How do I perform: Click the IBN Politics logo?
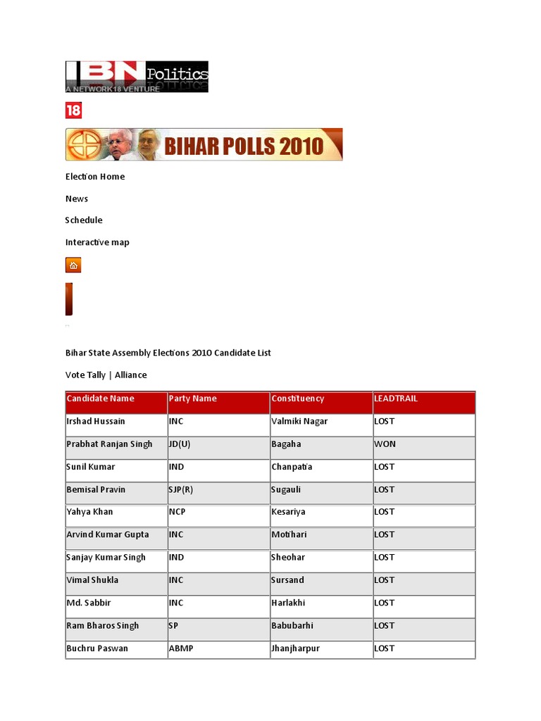click(x=137, y=77)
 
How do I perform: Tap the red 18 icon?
click(x=73, y=111)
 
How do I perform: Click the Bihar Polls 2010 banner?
click(x=204, y=144)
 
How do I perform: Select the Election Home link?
click(x=95, y=177)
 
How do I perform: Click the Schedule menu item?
click(x=84, y=220)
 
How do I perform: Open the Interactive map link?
click(x=97, y=242)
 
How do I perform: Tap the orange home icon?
click(x=73, y=265)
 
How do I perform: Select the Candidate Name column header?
click(x=100, y=399)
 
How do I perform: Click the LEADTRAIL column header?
click(x=396, y=399)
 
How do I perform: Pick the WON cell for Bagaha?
click(x=385, y=444)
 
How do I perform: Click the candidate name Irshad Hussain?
click(x=96, y=422)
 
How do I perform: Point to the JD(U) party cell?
click(x=180, y=444)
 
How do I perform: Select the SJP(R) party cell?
click(x=181, y=489)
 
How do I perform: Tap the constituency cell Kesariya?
click(x=288, y=512)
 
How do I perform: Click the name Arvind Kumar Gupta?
click(x=108, y=534)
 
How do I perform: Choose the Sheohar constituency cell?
click(x=287, y=558)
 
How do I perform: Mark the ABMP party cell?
click(x=180, y=648)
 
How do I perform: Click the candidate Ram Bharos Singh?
click(x=103, y=626)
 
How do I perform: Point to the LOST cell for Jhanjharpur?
click(x=385, y=648)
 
